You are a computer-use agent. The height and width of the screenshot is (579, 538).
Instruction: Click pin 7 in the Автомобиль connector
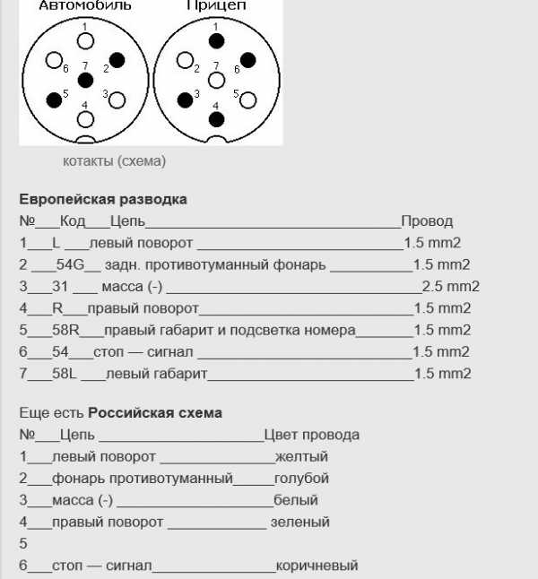85,81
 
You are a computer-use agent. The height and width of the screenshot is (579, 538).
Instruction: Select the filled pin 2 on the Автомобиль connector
117,61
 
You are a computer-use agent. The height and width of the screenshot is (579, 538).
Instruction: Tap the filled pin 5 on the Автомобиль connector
54,99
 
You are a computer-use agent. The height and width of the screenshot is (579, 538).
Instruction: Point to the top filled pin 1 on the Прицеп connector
216,40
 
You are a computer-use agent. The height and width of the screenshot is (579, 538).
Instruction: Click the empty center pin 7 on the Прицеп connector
216,81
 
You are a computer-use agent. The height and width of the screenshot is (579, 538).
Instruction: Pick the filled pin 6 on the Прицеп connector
248,61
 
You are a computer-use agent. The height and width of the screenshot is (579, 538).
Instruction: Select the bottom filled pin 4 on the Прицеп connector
216,118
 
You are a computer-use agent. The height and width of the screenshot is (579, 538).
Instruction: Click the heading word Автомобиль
85,5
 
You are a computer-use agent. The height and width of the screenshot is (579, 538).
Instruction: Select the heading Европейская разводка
103,199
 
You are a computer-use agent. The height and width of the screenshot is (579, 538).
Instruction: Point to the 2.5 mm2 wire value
451,287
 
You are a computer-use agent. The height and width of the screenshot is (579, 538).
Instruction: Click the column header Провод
427,221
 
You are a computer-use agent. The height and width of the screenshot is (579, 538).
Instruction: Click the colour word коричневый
317,566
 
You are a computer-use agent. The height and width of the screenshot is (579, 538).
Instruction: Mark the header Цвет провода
312,435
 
